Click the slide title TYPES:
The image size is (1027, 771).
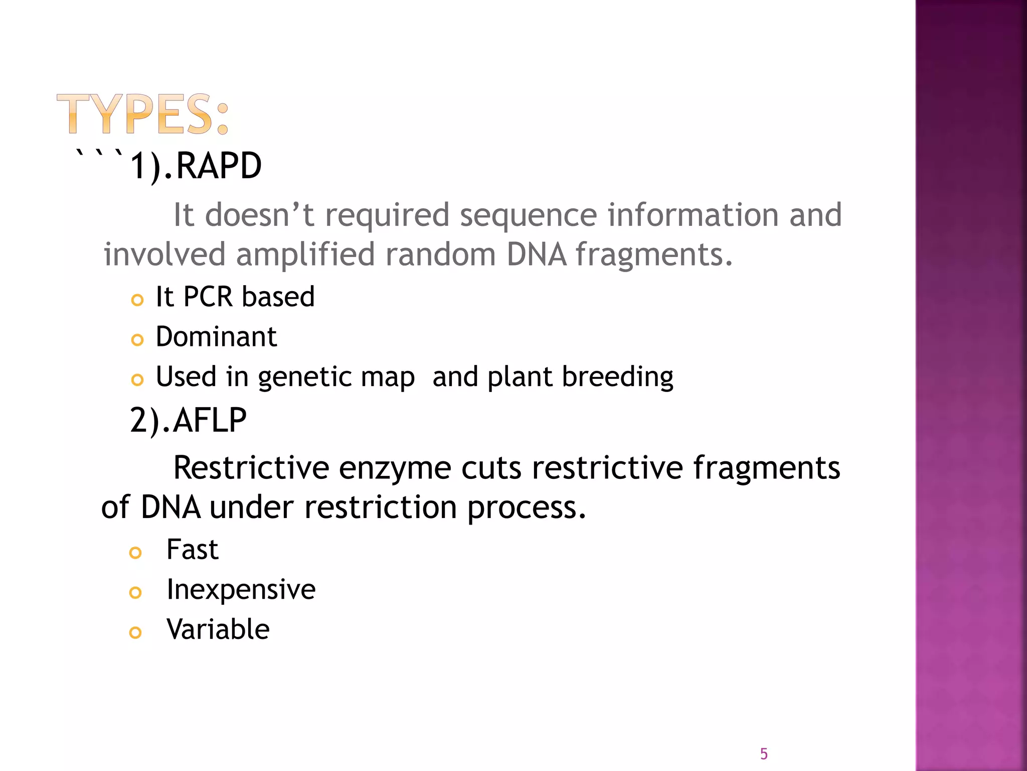[x=143, y=114]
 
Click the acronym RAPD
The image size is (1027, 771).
[x=219, y=166]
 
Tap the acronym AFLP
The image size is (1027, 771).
[x=210, y=420]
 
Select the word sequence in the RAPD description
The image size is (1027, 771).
[x=528, y=216]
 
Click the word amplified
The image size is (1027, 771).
[x=305, y=255]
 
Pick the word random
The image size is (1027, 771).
[x=440, y=254]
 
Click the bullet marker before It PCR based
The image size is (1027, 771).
[x=137, y=300]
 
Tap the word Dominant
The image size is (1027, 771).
[x=216, y=336]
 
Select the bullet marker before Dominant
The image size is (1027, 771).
[x=137, y=340]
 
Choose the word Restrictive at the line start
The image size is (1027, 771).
[x=251, y=468]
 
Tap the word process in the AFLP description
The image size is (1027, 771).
[x=526, y=508]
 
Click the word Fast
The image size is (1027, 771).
[x=192, y=549]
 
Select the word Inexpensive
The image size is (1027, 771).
[x=241, y=589]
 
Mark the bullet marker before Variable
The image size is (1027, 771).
[x=135, y=632]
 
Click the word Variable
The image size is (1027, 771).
[x=218, y=629]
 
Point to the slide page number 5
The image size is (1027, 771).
[x=764, y=753]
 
